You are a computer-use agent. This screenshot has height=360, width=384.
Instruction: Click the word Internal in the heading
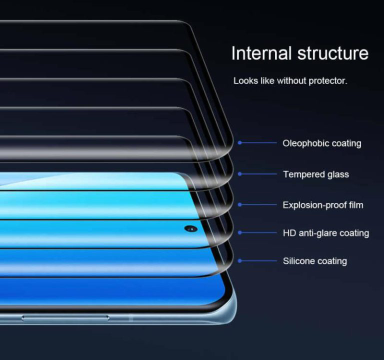[x=261, y=53]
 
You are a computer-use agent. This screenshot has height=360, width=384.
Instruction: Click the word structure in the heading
[x=333, y=53]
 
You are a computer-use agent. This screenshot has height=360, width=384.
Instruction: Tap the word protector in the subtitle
[x=328, y=81]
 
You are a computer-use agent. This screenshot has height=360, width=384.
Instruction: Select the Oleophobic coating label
[x=322, y=143]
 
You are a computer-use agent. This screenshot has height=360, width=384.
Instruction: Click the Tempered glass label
[x=316, y=174]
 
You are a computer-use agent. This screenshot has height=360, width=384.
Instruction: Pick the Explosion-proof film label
[x=323, y=205]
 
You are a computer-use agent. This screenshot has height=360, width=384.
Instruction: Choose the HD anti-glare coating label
[x=325, y=233]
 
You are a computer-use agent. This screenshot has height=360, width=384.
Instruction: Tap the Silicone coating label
[x=315, y=261]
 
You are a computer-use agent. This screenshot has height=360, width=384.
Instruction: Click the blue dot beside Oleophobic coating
[x=240, y=142]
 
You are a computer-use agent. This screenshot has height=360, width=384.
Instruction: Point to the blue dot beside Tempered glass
[x=240, y=174]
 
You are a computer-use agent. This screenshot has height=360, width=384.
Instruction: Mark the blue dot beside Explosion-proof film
[x=240, y=204]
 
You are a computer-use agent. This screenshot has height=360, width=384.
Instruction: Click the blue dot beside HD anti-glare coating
[x=240, y=232]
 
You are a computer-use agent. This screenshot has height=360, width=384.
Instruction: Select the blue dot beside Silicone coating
[x=240, y=261]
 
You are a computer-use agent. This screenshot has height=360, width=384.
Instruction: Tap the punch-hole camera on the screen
[x=191, y=228]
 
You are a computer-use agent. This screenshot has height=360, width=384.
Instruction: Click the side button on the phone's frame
[x=65, y=318]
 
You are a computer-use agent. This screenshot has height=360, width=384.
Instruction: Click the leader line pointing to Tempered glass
[x=259, y=174]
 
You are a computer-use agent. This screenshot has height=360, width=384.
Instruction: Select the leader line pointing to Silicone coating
[x=259, y=261]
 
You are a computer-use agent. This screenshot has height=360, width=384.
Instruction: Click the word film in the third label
[x=356, y=205]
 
